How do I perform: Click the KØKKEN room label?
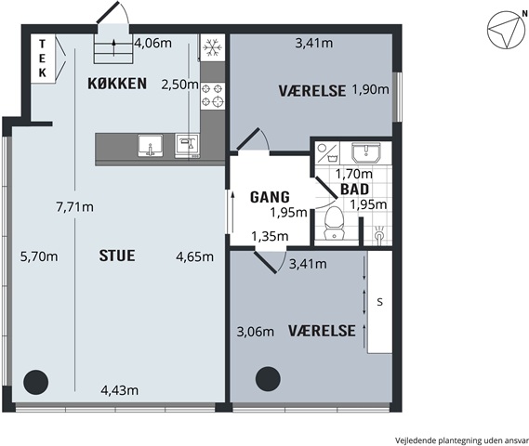[117, 84]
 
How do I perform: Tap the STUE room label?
[117, 256]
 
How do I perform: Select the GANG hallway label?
[270, 197]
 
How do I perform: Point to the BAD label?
[354, 190]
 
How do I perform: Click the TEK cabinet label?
[42, 59]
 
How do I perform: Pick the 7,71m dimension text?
[75, 207]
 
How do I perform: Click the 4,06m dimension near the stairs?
[153, 43]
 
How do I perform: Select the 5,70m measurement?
[39, 256]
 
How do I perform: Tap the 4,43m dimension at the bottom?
[120, 390]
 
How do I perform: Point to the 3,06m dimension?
[256, 332]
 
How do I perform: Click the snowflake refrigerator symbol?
[213, 47]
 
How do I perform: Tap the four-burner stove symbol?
[213, 96]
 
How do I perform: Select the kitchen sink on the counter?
[151, 146]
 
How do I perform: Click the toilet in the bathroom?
[334, 223]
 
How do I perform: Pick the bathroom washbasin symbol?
[366, 152]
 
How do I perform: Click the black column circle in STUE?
[35, 382]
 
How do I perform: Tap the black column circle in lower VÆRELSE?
[268, 379]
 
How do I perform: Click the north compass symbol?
[506, 30]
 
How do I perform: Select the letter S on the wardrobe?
[380, 302]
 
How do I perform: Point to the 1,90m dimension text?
[371, 90]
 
